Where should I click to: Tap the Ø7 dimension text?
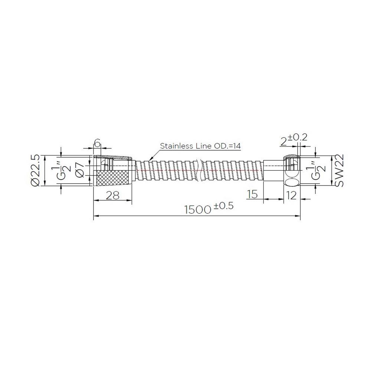click(x=80, y=171)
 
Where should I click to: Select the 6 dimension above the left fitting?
click(x=97, y=143)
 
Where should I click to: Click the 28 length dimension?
click(x=113, y=196)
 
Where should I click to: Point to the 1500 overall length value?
click(x=198, y=210)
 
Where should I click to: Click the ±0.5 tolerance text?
click(x=224, y=206)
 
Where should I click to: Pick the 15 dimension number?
click(x=252, y=194)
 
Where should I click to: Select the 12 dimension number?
click(x=291, y=196)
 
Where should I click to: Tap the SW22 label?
click(x=339, y=171)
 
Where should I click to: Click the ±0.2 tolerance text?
click(x=297, y=137)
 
